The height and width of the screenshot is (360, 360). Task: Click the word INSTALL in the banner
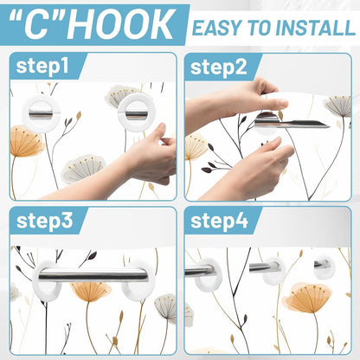tap(308, 27)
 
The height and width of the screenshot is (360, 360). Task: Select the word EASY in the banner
tap(217, 27)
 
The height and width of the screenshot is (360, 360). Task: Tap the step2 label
tap(220, 67)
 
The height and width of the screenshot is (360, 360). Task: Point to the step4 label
tap(220, 221)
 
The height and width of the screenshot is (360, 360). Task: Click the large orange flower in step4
tap(308, 299)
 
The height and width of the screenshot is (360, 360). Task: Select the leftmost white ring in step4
tap(208, 273)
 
